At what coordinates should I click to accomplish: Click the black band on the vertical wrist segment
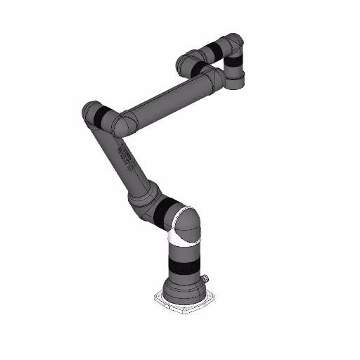tap(235, 67)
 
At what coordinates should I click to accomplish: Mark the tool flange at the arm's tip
tap(236, 83)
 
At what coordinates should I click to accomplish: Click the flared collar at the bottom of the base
tap(184, 288)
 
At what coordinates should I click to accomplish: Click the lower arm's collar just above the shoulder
tap(148, 191)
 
